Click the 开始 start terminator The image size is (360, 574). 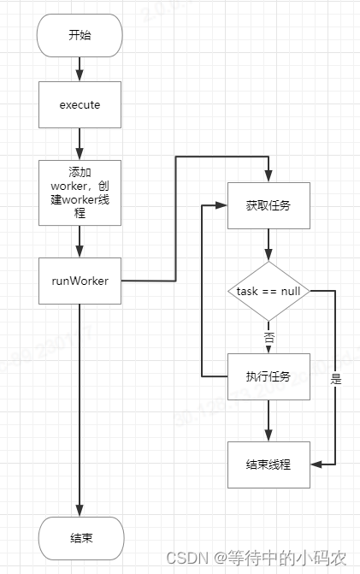(80, 35)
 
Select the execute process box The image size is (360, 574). (80, 104)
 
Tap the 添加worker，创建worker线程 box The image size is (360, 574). (80, 192)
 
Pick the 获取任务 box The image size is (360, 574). (269, 205)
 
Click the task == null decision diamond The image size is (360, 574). (269, 291)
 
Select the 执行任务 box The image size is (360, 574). (269, 376)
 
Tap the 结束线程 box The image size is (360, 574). (269, 465)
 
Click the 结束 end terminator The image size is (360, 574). (80, 538)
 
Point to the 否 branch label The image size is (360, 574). (269, 337)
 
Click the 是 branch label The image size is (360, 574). (335, 379)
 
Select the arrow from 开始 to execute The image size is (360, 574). (80, 68)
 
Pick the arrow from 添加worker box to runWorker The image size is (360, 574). (80, 240)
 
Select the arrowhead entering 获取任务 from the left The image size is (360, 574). (221, 205)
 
